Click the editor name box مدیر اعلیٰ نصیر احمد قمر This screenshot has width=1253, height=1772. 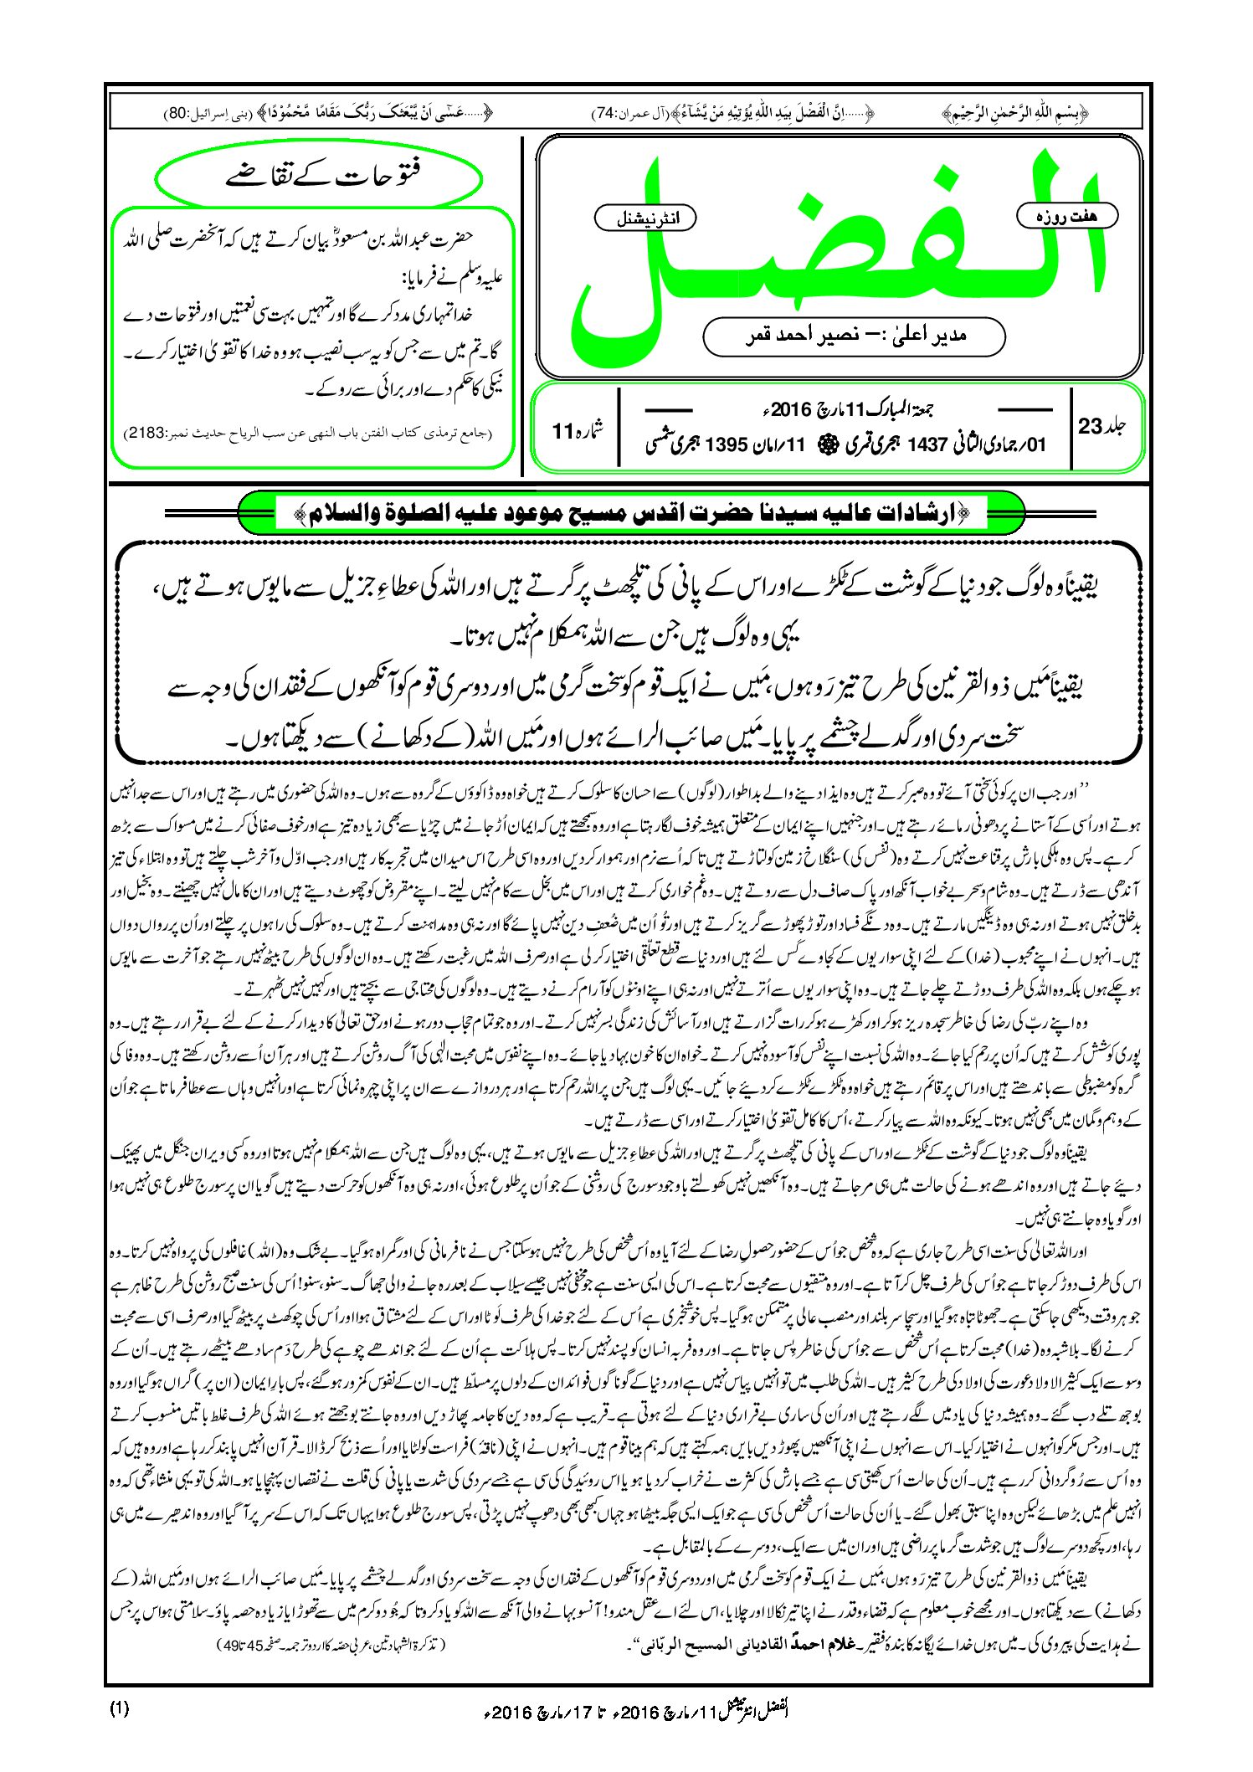[854, 336]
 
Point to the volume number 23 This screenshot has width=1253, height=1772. [1090, 426]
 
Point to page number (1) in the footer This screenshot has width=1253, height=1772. [119, 1708]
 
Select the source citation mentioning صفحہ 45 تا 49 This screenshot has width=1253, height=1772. [331, 1645]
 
